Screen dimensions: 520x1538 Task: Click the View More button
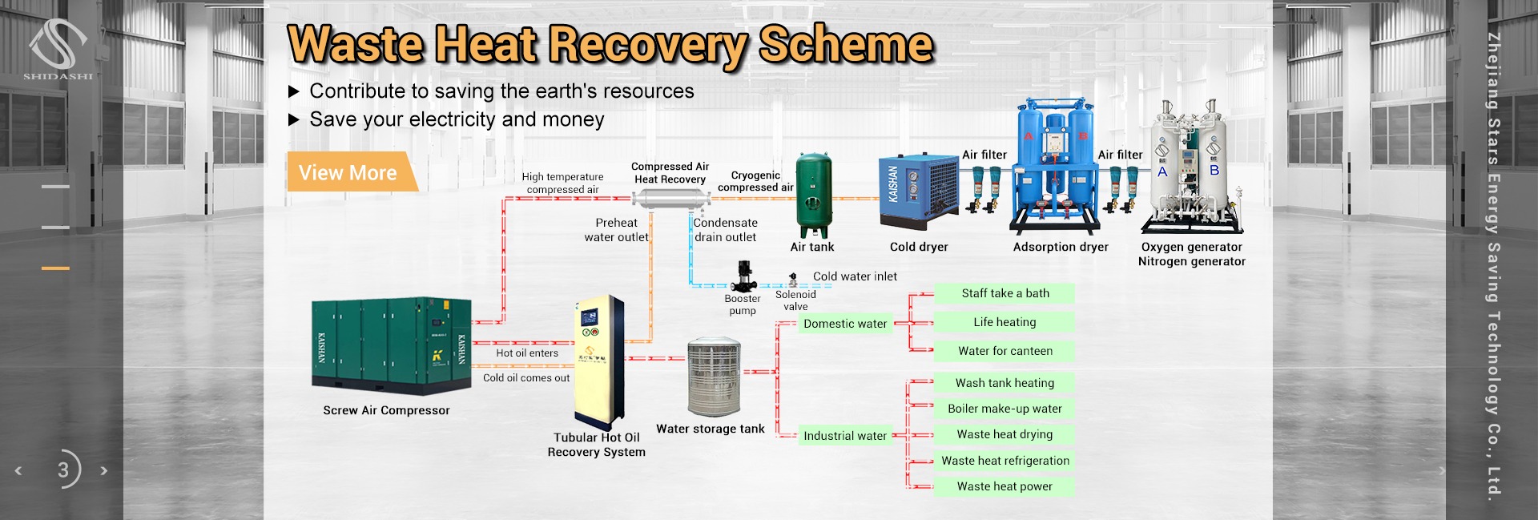tap(349, 172)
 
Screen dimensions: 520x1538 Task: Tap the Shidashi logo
tap(58, 49)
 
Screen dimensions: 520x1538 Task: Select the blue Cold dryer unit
tap(918, 191)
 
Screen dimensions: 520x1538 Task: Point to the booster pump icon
tap(744, 276)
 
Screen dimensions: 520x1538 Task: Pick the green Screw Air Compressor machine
tap(391, 345)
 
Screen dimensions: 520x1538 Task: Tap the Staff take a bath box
tap(1005, 293)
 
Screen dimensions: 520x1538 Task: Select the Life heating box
tap(1005, 322)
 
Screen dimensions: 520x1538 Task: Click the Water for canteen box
tap(1005, 351)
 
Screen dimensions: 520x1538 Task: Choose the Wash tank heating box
tap(1005, 383)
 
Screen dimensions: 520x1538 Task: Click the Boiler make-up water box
tap(1005, 409)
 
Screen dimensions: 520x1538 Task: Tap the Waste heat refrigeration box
tap(1005, 461)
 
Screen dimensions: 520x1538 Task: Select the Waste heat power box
tap(1005, 486)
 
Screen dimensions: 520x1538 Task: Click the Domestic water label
tap(845, 324)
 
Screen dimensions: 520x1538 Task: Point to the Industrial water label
tap(845, 436)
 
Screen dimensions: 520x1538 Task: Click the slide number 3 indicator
tap(64, 470)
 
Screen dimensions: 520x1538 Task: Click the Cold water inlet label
tap(855, 276)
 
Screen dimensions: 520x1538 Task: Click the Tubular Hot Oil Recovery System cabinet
tap(598, 361)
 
